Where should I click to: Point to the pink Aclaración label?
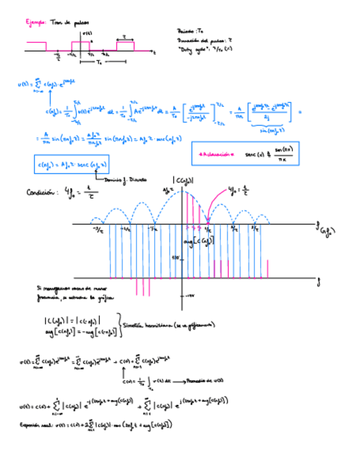[216, 155]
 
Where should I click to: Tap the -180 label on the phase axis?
[190, 296]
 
